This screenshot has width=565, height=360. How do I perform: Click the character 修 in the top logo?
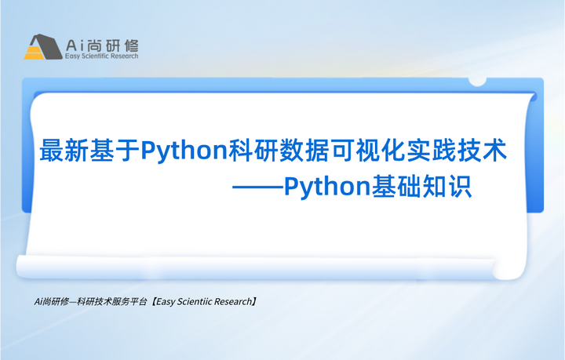tap(129, 44)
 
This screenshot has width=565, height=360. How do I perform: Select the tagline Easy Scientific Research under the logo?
tap(102, 56)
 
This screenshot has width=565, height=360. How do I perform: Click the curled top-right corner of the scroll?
tap(478, 82)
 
